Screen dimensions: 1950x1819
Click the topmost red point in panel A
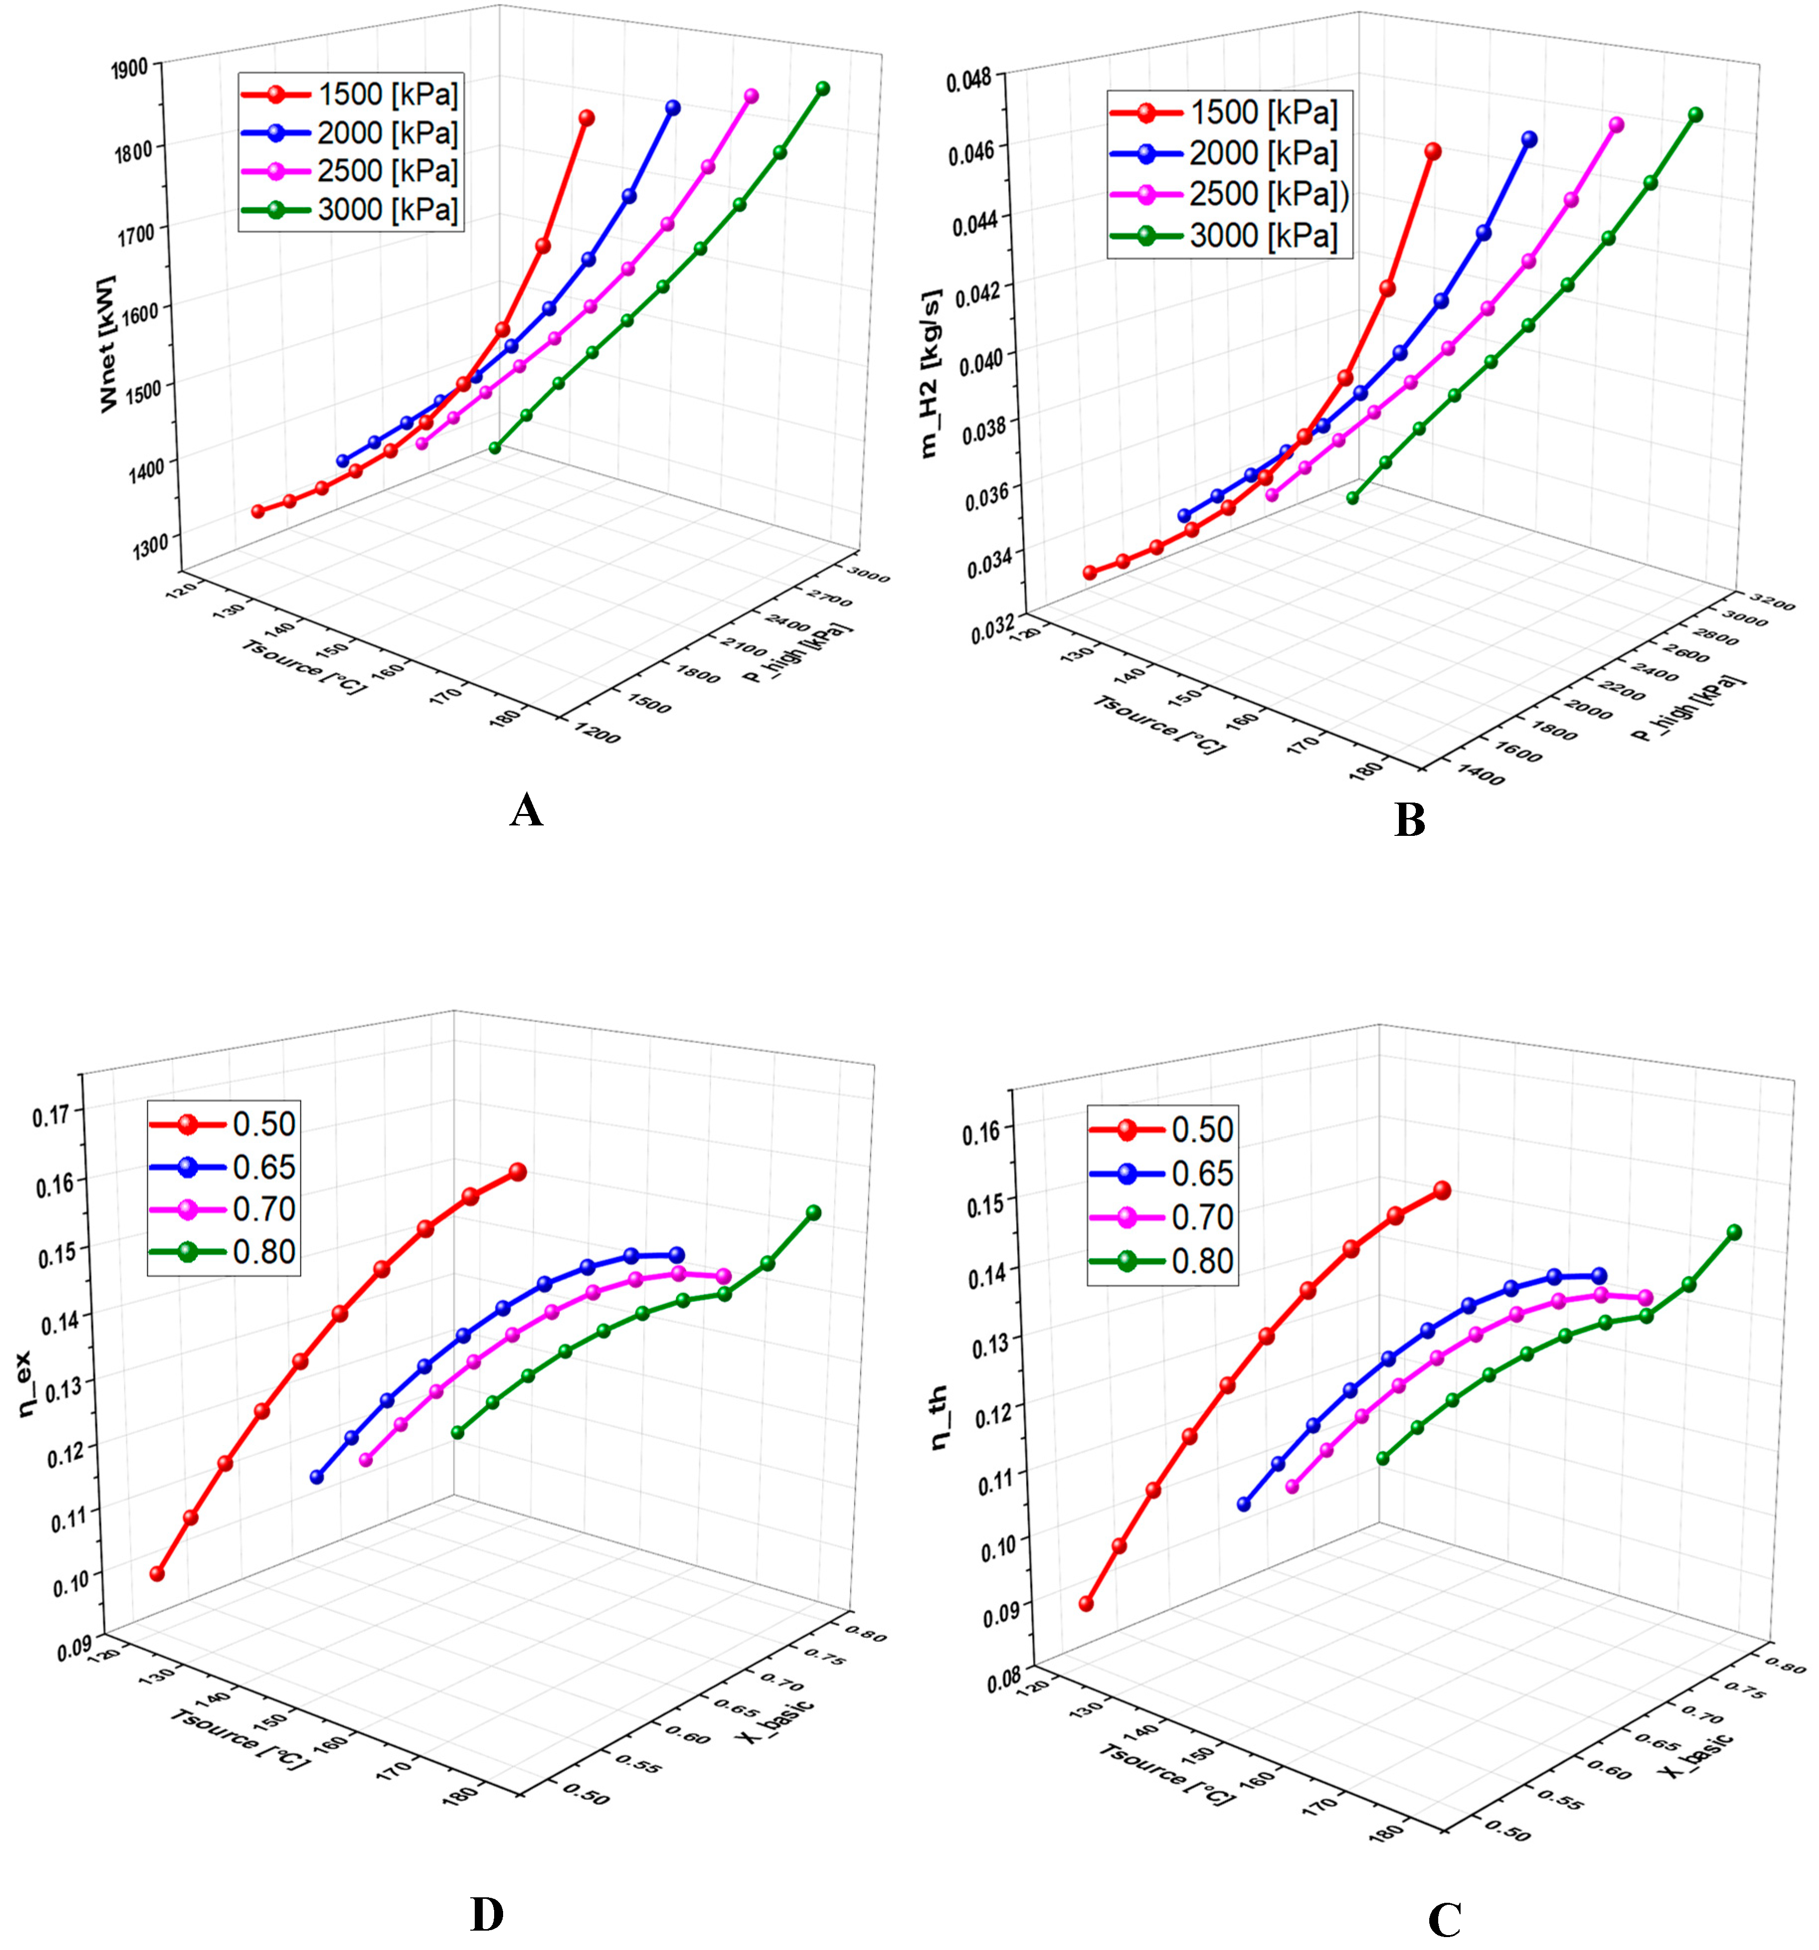coord(587,118)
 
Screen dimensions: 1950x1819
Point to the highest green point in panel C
coord(1733,1232)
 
